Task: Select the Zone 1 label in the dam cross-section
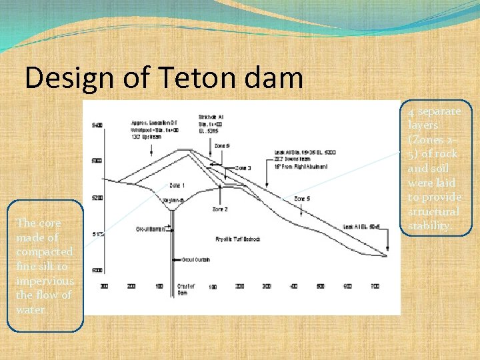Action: (x=177, y=185)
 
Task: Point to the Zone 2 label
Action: (x=221, y=209)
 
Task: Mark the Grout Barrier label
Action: (x=152, y=229)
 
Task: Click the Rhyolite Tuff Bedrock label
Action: (x=237, y=239)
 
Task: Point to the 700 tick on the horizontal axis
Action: (x=375, y=286)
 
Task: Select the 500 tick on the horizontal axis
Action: (x=321, y=286)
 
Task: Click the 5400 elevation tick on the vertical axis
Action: (x=97, y=125)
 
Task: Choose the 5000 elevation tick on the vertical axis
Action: (x=97, y=270)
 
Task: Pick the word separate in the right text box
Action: (x=439, y=111)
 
